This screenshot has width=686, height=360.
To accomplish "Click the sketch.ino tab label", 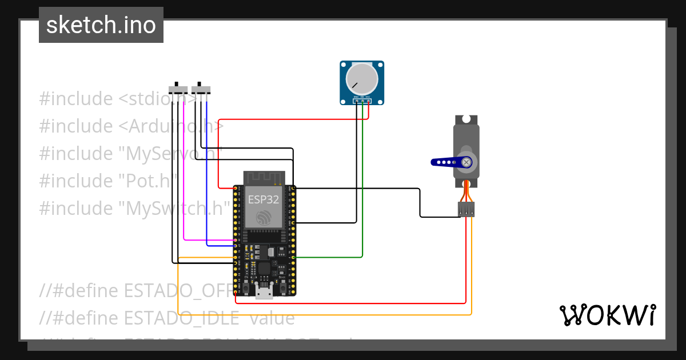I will tap(101, 25).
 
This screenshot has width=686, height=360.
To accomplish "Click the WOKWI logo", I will tap(607, 315).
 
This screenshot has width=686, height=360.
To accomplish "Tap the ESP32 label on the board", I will tap(264, 200).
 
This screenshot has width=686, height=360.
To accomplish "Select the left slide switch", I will tap(178, 90).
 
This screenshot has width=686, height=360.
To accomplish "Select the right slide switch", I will tap(201, 90).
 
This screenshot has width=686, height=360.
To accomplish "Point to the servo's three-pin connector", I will tap(466, 209).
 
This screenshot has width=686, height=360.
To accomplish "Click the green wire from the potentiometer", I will tap(362, 189).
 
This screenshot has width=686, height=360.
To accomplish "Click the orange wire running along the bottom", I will tap(320, 314).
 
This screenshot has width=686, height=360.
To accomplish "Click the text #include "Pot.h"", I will tap(106, 181).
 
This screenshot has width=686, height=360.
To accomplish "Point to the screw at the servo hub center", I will tap(467, 162).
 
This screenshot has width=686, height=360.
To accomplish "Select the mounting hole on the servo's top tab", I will tap(466, 119).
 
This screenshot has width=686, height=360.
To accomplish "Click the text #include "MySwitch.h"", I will tap(134, 208).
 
